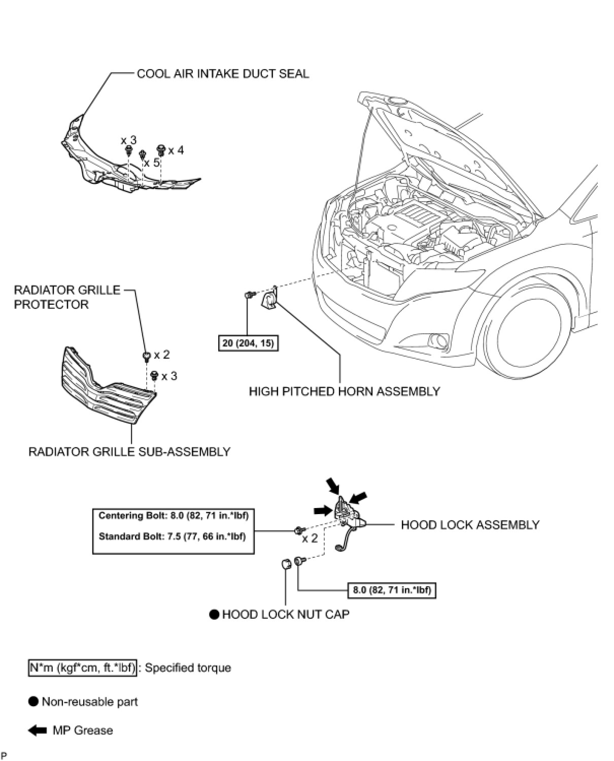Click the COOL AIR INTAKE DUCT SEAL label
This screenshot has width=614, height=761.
(x=223, y=74)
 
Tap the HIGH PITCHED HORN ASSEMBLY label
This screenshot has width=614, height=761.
(x=344, y=391)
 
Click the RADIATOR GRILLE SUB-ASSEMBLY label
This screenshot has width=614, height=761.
(x=129, y=451)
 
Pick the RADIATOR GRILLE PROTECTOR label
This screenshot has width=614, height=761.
(x=67, y=297)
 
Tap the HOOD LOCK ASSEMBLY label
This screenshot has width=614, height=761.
(x=470, y=525)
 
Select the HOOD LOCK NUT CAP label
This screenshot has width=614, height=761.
(x=286, y=614)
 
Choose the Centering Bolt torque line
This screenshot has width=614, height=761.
(x=173, y=516)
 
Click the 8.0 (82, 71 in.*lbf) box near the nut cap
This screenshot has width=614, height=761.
(x=392, y=590)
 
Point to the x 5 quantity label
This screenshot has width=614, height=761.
(x=152, y=163)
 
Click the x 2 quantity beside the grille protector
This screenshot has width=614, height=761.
(x=162, y=355)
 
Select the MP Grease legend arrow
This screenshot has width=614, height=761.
(x=38, y=731)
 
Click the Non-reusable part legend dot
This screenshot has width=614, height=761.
(x=33, y=702)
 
